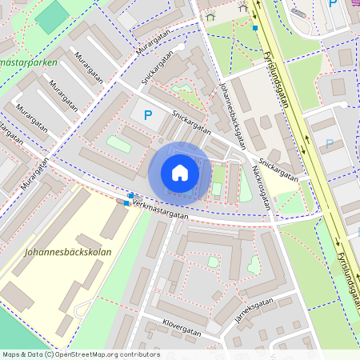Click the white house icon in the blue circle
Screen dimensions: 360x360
tap(180, 173)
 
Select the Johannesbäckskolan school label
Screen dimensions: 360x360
tap(68, 252)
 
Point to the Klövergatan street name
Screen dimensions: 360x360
tap(180, 327)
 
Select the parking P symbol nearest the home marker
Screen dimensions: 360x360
tap(147, 115)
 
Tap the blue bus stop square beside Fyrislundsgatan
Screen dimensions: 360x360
tap(254, 27)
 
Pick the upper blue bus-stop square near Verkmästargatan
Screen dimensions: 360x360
tap(131, 195)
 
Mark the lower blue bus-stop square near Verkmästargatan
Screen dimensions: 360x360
tap(126, 202)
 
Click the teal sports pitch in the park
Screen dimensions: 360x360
tap(52, 16)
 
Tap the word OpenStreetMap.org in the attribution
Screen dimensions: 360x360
tap(90, 354)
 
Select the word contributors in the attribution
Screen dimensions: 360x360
tap(141, 354)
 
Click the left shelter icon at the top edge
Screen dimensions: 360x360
tap(210, 15)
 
